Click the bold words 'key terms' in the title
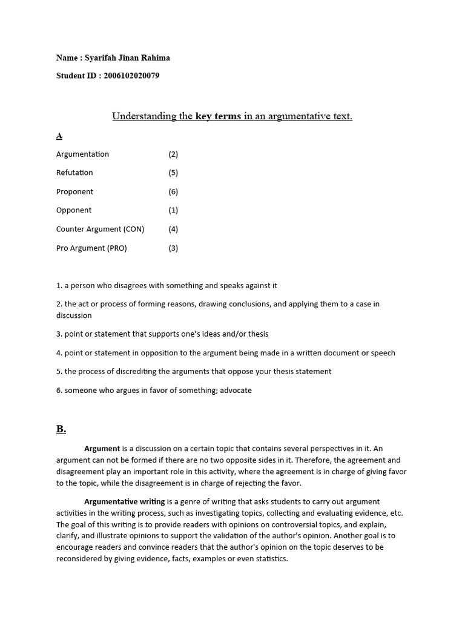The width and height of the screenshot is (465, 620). coord(218,116)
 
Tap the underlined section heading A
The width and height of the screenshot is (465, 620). coord(59,136)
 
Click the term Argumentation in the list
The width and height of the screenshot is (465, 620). coord(82,154)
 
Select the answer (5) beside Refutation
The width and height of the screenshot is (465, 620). coord(173,173)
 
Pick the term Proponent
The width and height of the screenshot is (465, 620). coord(74,192)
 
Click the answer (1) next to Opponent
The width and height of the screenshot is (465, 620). coord(173,211)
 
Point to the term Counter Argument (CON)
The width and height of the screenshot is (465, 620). coord(100,229)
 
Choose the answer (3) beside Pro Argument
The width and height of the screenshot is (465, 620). coord(173,248)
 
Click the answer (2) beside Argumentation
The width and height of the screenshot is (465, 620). coord(173,154)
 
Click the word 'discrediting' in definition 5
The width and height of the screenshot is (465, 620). coord(117,371)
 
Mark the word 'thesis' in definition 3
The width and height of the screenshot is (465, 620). coord(257,334)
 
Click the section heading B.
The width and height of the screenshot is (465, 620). coord(61,429)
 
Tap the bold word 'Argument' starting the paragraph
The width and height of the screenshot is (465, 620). coord(102,449)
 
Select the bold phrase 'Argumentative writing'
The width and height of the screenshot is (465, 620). coord(124,502)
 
